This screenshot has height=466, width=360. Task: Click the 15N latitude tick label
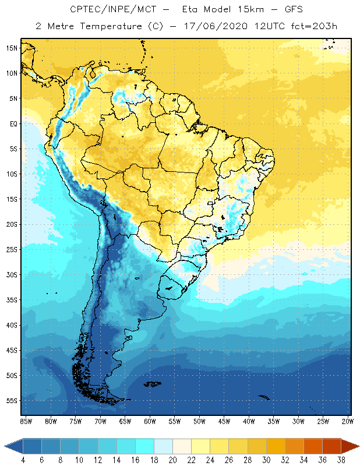pyautogui.click(x=12, y=48)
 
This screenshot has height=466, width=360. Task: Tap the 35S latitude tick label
pyautogui.click(x=12, y=299)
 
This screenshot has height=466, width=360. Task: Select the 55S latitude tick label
pyautogui.click(x=12, y=400)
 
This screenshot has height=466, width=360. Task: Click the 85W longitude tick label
pyautogui.click(x=26, y=421)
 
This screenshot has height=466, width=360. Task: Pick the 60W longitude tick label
pyautogui.click(x=150, y=421)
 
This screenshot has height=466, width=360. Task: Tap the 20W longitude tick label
pyautogui.click(x=348, y=421)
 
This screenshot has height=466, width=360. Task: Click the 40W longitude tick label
pyautogui.click(x=249, y=421)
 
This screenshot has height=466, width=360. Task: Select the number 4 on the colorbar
pyautogui.click(x=23, y=461)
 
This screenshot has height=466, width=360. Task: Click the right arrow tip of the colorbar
pyautogui.click(x=358, y=446)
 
